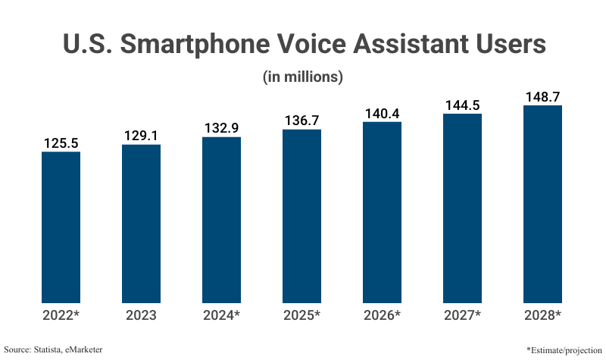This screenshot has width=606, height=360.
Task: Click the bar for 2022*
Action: coord(61,227)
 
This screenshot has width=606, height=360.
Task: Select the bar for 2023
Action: coord(141,224)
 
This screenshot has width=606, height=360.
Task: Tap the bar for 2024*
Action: coord(221,220)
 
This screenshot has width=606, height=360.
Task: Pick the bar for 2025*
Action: coord(301,216)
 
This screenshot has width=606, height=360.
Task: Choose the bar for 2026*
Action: coord(382,212)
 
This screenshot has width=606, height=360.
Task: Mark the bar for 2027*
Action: coord(462,208)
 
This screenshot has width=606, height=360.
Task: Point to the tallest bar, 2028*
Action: coord(542,204)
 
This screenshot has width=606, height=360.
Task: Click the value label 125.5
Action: coord(61,142)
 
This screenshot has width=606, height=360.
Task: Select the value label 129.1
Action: coord(141,135)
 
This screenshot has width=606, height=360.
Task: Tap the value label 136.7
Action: coord(301,121)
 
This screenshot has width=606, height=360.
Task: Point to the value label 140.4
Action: coord(382,113)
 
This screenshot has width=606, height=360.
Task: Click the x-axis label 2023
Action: coord(141,315)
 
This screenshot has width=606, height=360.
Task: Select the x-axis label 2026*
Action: coord(382,315)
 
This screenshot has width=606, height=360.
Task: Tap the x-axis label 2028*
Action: coord(542,315)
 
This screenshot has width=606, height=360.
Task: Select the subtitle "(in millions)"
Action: coord(303,77)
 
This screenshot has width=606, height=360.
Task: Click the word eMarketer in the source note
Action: coord(81,349)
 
